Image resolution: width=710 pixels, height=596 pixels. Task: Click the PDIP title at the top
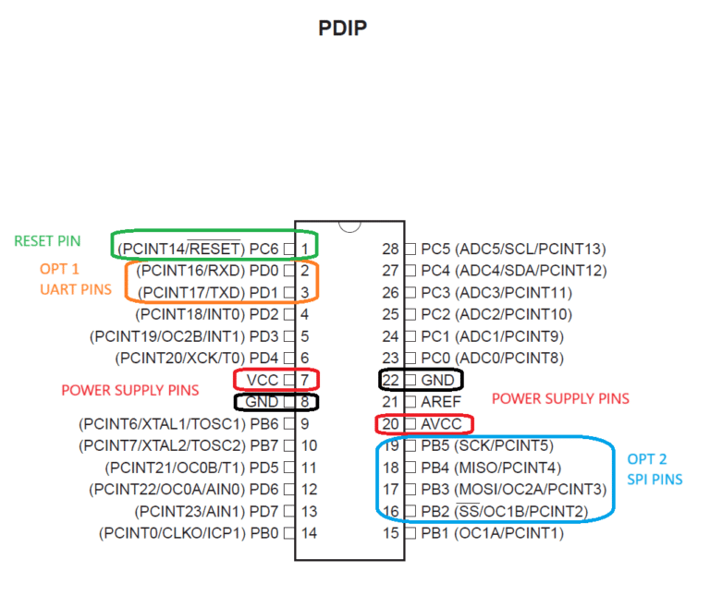[342, 28]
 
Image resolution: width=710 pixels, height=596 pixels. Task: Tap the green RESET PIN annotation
[47, 241]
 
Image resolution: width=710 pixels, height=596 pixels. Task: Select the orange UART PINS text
[76, 289]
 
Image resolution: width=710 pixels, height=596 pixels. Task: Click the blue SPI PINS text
[655, 480]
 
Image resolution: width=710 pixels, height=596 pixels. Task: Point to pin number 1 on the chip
[305, 249]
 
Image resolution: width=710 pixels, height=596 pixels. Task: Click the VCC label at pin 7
[263, 380]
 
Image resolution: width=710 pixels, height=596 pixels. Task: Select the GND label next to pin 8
[262, 401]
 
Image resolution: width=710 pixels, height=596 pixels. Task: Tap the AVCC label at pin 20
[442, 424]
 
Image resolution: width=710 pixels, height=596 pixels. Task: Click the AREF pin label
[441, 401]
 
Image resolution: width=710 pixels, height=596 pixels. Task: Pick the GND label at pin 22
[437, 380]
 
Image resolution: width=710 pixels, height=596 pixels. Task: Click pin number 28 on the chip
[390, 249]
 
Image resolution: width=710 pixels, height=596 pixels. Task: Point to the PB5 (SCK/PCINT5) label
[487, 445]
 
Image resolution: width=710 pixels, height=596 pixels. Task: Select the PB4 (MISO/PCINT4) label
[491, 468]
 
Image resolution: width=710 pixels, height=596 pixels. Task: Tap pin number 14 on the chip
[310, 533]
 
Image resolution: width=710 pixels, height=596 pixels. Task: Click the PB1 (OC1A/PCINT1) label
[492, 533]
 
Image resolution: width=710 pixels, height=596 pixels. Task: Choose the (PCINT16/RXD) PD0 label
[207, 270]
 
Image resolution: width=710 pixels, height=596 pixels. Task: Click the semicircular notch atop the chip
[349, 226]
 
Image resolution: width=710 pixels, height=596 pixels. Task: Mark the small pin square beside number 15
[410, 533]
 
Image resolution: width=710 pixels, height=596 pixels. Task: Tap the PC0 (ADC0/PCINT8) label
[492, 358]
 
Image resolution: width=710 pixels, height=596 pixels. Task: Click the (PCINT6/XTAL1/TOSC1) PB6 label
[178, 424]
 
